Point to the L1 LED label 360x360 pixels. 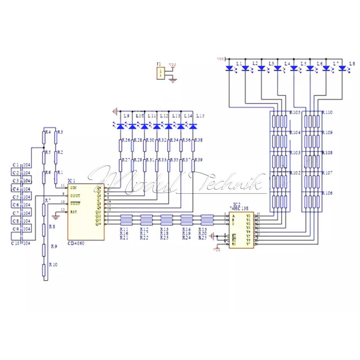point(239,63)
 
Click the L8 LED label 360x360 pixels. point(352,63)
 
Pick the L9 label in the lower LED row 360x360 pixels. point(126,116)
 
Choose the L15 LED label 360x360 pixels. point(200,116)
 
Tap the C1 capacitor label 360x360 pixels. point(15,165)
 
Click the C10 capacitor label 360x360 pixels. point(16,243)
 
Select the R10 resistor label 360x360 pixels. point(54,265)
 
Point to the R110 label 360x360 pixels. point(328,112)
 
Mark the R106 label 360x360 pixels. point(328,193)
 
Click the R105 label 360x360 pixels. point(295,112)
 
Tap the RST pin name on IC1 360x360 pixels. point(73,212)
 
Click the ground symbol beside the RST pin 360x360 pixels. point(55,216)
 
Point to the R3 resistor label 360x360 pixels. point(60,132)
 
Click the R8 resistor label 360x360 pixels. point(52,227)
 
